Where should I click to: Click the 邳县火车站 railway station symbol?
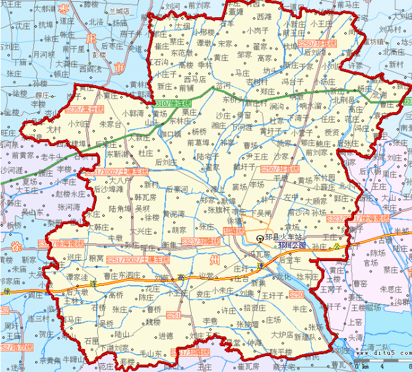[x=260, y=237]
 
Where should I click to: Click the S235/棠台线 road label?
[x=67, y=109]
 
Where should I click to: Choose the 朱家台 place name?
[x=110, y=124]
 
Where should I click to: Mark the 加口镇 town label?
[x=171, y=134]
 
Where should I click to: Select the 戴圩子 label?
[x=245, y=166]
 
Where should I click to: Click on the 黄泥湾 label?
[x=174, y=214]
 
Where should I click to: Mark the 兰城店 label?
[x=119, y=10]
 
